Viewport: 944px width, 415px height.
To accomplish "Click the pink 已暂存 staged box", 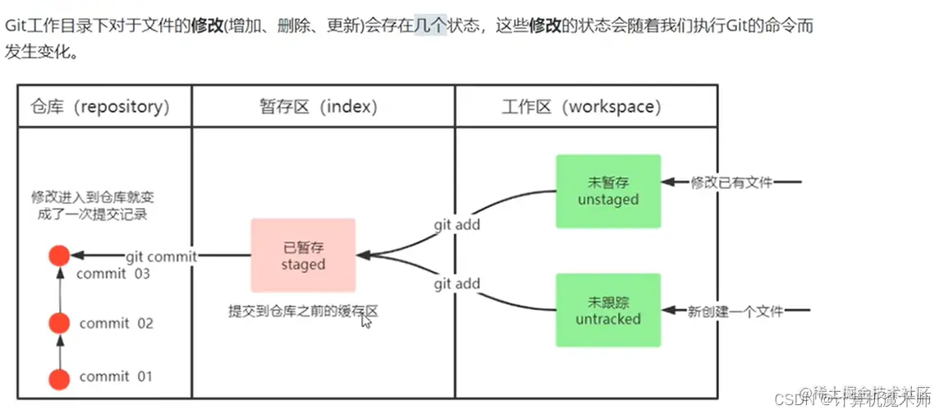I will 303,255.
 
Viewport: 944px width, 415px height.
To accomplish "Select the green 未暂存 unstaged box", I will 608,191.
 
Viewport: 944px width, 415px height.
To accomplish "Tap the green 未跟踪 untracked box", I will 608,310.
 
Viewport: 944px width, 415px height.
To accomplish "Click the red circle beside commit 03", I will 59,256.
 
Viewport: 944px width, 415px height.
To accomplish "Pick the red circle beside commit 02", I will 59,323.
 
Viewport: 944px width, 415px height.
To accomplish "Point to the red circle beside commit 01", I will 59,379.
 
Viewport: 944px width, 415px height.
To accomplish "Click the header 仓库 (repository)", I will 100,107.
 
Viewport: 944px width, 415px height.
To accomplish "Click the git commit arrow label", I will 161,256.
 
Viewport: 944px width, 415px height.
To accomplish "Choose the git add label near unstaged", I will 457,224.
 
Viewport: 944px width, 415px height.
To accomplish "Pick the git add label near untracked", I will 457,284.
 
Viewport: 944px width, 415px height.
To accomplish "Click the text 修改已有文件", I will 731,182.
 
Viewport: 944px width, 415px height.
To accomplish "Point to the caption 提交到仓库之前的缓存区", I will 303,312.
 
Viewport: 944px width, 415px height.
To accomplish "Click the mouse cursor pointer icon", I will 366,321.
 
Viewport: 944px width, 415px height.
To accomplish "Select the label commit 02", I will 117,324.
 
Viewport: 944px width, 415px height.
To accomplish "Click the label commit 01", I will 117,377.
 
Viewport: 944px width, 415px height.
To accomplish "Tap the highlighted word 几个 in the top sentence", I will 430,25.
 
